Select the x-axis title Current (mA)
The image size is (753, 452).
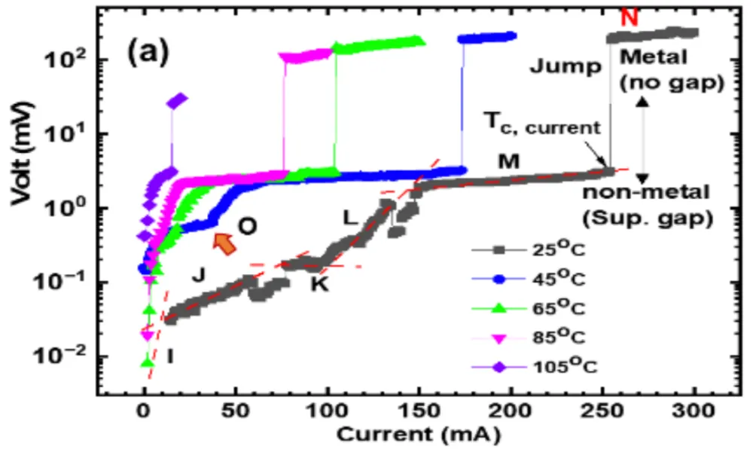click(419, 435)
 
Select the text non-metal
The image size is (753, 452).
click(646, 193)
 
